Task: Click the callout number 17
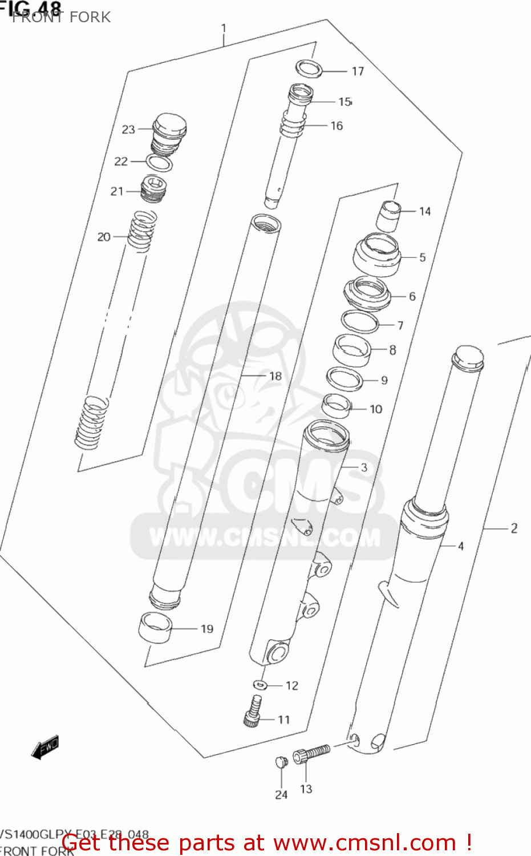(358, 71)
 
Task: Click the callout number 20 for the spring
(104, 237)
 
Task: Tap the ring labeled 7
(360, 322)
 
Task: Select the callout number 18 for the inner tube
(275, 376)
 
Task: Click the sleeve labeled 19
(155, 627)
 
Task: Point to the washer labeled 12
(260, 684)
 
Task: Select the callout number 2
(514, 528)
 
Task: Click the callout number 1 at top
(224, 28)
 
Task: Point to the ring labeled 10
(337, 405)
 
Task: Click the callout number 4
(461, 546)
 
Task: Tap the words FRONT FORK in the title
(62, 17)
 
